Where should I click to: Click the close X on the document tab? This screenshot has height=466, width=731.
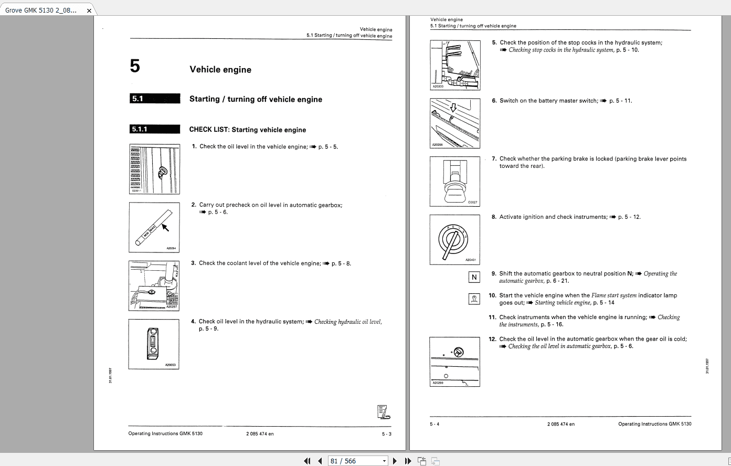tap(89, 10)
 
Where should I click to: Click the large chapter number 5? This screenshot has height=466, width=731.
tap(135, 67)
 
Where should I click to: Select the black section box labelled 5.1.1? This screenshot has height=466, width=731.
tap(155, 129)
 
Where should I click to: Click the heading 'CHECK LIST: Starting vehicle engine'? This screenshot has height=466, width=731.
tap(247, 130)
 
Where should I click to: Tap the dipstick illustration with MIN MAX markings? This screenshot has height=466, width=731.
tap(154, 227)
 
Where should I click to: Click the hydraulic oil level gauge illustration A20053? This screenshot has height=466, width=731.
tap(154, 344)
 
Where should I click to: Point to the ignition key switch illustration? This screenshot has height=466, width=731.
tap(454, 239)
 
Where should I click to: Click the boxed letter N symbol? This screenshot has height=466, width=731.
tap(474, 277)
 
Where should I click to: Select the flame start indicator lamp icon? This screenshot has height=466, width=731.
tap(474, 299)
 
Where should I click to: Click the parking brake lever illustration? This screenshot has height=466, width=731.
tap(454, 181)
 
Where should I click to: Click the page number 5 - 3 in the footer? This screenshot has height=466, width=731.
tap(386, 433)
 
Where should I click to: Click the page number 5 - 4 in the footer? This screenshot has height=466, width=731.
tap(435, 424)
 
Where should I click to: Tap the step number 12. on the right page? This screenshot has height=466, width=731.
tap(492, 339)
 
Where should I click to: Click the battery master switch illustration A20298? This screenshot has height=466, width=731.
tap(454, 123)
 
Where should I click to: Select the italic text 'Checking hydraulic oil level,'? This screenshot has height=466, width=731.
tap(348, 322)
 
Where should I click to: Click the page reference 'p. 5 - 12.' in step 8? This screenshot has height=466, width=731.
tap(629, 217)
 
